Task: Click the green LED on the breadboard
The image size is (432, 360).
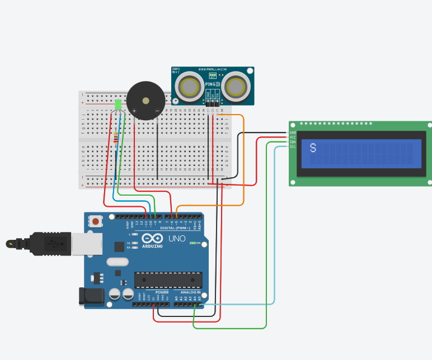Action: [x=118, y=105]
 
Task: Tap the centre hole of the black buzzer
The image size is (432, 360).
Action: [x=145, y=101]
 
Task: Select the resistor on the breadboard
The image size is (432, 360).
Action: [x=116, y=137]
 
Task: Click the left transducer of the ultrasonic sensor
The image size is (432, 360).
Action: [x=190, y=87]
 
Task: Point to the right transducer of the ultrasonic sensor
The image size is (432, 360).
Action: [x=236, y=87]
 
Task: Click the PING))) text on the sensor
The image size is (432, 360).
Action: [x=213, y=84]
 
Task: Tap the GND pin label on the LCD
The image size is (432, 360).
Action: [x=293, y=132]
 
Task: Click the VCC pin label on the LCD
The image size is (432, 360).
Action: [x=293, y=137]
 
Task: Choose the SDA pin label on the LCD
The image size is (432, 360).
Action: [x=293, y=141]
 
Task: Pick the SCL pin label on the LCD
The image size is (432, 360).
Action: [x=293, y=146]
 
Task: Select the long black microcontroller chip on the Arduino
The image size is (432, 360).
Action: [x=168, y=279]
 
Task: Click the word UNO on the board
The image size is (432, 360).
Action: [x=177, y=239]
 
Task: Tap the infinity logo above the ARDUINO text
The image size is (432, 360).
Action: [x=152, y=238]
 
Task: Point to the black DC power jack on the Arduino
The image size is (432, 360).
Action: [x=90, y=296]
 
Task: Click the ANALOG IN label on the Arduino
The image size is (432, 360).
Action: [x=190, y=292]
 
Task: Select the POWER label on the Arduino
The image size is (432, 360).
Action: [x=162, y=292]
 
